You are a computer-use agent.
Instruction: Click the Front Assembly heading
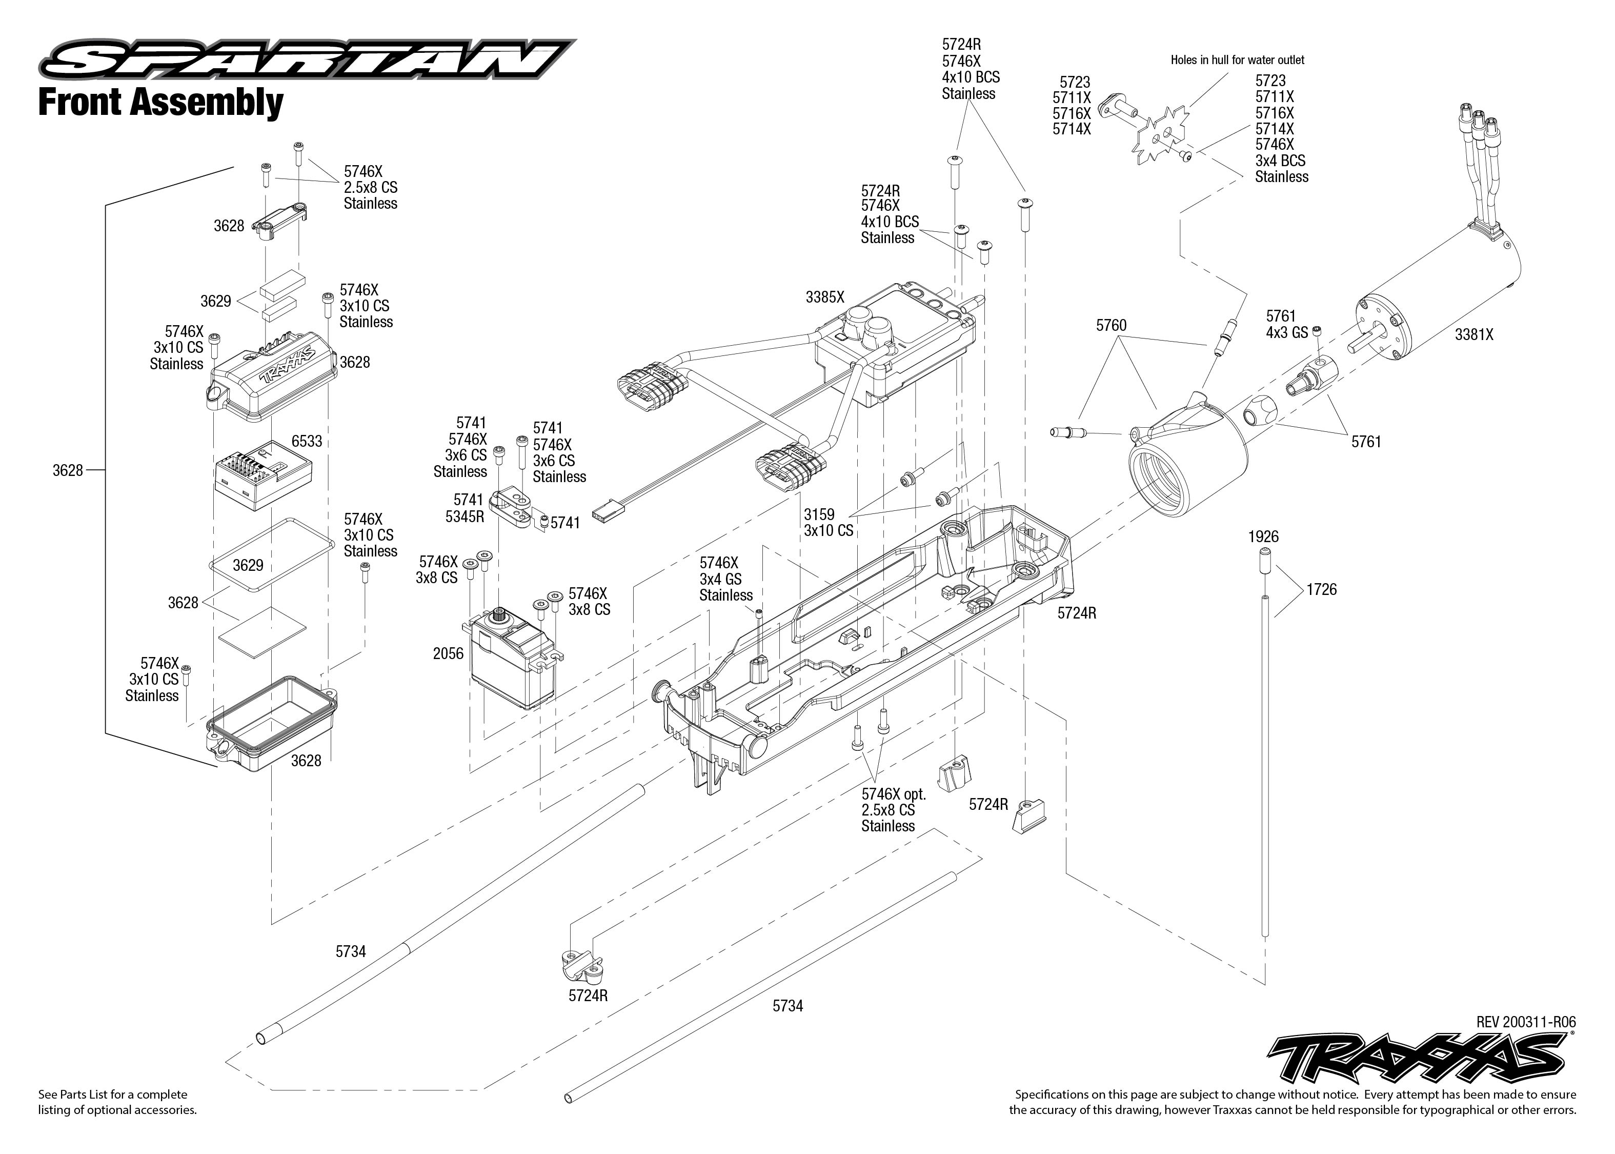tap(160, 103)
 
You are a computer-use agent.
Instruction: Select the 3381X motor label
tap(1473, 335)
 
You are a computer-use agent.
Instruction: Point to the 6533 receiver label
tap(307, 441)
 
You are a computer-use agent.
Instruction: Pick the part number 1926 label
tap(1263, 537)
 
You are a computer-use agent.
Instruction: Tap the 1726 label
tap(1321, 590)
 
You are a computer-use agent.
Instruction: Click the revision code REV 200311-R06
tap(1525, 1022)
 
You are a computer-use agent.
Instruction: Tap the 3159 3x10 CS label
tap(828, 522)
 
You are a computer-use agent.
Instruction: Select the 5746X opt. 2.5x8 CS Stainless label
tap(892, 810)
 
